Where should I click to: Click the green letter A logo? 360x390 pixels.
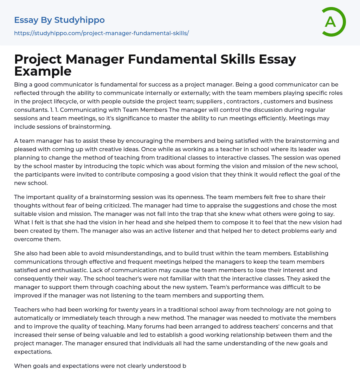(332, 22)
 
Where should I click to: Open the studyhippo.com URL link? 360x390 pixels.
(101, 33)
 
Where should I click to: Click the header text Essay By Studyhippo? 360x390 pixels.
(59, 20)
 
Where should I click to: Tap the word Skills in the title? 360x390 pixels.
(234, 59)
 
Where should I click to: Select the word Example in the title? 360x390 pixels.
(43, 71)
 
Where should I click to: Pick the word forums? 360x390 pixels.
(86, 326)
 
